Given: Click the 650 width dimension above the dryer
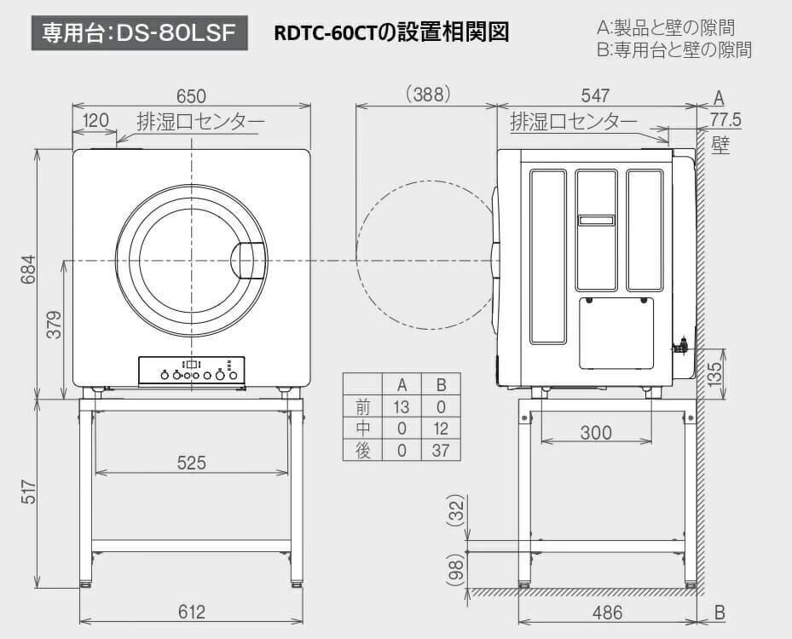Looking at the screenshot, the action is pyautogui.click(x=192, y=96).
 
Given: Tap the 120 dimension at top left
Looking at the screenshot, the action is pyautogui.click(x=95, y=120).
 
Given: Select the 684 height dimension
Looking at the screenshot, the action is pyautogui.click(x=29, y=269).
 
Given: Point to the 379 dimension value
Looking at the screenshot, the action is pyautogui.click(x=54, y=325).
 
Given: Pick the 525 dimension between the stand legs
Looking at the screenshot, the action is pyautogui.click(x=192, y=463).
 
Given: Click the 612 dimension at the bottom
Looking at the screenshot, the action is pyautogui.click(x=192, y=612).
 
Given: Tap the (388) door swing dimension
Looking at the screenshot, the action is pyautogui.click(x=428, y=95).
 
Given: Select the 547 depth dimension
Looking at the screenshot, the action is pyautogui.click(x=596, y=95).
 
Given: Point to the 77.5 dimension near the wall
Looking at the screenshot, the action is pyautogui.click(x=726, y=119).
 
